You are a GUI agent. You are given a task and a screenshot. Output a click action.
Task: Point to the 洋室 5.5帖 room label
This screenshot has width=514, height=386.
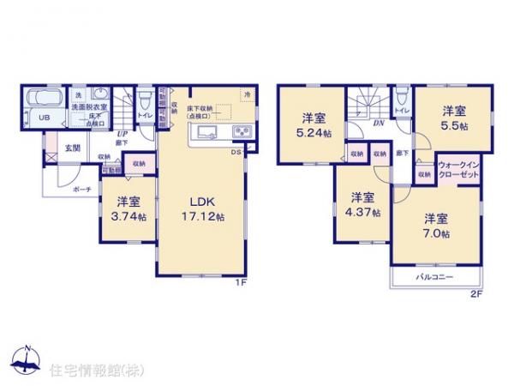(x=454, y=118)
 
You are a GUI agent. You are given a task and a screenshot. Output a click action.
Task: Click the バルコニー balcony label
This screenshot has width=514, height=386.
(x=435, y=279)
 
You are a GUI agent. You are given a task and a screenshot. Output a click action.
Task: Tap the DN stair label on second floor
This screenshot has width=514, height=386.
(x=377, y=123)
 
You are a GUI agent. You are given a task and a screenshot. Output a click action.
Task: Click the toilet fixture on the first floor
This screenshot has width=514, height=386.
(x=146, y=100)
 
